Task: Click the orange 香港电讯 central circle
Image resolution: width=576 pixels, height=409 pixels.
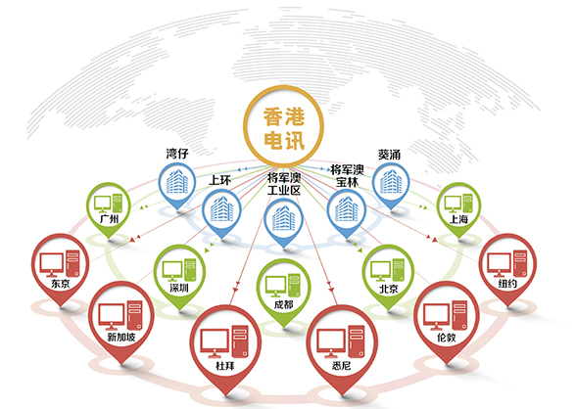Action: tap(284, 125)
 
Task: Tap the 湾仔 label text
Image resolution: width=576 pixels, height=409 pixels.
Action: tap(177, 154)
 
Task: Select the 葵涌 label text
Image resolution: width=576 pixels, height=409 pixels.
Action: tap(390, 155)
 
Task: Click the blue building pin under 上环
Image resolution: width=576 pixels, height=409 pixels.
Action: tap(221, 212)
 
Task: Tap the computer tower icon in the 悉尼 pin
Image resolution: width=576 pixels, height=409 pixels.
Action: tap(357, 341)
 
